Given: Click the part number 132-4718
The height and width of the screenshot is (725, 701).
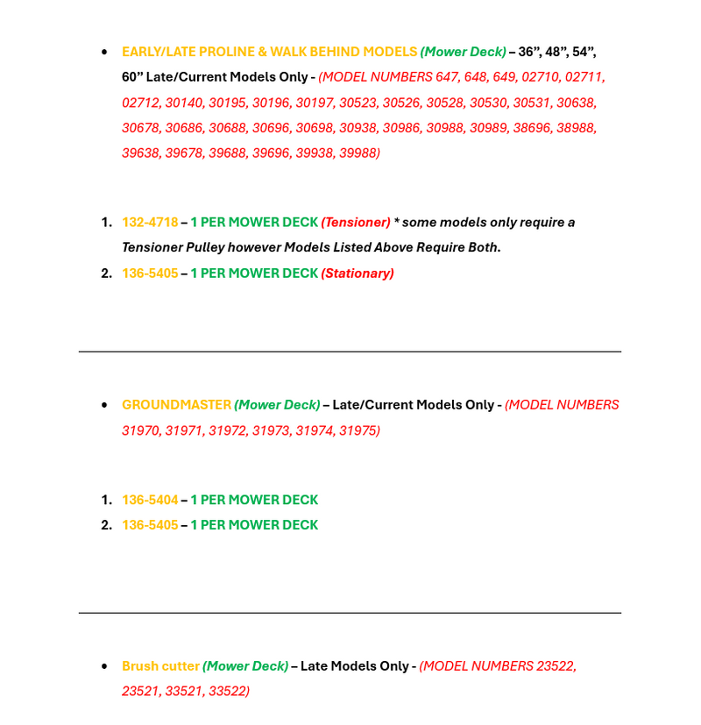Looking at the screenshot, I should (x=150, y=223).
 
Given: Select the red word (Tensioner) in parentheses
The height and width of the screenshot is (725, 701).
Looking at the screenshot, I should (x=355, y=223).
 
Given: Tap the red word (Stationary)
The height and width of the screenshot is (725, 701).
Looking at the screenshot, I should (x=358, y=274).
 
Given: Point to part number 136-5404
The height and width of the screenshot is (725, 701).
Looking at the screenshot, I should (x=150, y=500).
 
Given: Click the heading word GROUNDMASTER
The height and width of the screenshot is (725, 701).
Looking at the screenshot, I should (x=176, y=405).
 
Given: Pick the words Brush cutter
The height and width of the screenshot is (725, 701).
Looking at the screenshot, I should (x=160, y=666).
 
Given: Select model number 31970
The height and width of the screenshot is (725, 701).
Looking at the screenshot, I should (x=140, y=430).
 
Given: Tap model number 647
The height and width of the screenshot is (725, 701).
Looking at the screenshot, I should (x=447, y=77).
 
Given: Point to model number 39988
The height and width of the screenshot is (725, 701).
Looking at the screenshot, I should (x=359, y=153).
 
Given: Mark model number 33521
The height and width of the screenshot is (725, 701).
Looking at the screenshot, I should (x=184, y=692).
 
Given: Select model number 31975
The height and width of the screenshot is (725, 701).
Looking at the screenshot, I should (x=358, y=430).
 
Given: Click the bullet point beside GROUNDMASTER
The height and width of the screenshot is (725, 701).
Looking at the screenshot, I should (x=104, y=405).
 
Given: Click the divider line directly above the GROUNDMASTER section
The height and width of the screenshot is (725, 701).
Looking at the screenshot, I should (x=350, y=352).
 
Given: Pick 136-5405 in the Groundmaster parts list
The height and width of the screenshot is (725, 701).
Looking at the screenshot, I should (x=150, y=525).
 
